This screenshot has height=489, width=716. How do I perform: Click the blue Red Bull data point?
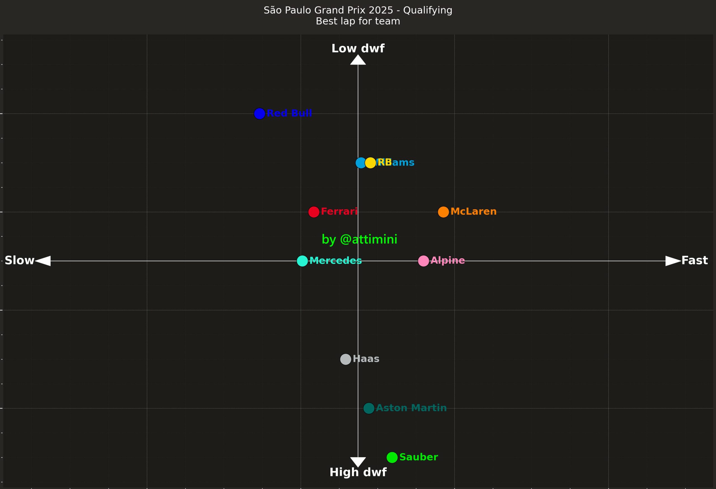tap(260, 114)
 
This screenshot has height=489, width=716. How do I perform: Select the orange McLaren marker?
tap(443, 212)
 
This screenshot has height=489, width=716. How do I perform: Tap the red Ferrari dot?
tap(314, 212)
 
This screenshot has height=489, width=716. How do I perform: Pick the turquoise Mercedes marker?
tap(302, 261)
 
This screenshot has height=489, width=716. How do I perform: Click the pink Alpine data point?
tap(423, 261)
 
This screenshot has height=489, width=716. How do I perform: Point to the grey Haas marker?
tap(345, 359)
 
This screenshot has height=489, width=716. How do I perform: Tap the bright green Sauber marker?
tap(392, 457)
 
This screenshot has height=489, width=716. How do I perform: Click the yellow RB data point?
tap(370, 163)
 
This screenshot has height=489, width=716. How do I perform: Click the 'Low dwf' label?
tap(358, 48)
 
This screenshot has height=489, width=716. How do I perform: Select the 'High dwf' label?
tap(358, 472)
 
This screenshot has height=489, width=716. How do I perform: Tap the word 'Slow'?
tap(19, 261)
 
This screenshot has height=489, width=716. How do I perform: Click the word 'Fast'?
tap(694, 261)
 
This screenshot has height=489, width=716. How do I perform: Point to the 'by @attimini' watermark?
tap(359, 239)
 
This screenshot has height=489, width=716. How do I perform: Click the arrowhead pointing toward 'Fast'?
tap(672, 261)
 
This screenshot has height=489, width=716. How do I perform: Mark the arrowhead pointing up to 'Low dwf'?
tap(358, 60)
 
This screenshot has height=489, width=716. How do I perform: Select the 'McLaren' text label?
tap(473, 212)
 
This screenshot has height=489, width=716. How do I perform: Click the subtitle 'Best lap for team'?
tap(358, 21)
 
